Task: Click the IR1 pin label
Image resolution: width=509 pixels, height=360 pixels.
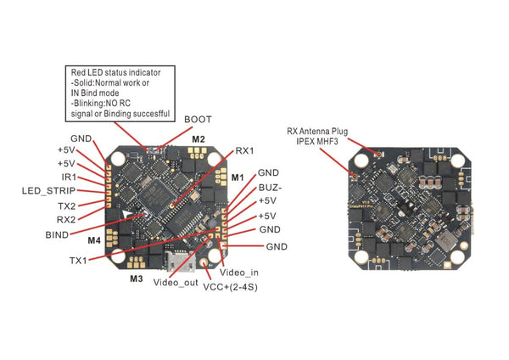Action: coord(70,177)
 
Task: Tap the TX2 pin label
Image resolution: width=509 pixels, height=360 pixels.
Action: coord(66,205)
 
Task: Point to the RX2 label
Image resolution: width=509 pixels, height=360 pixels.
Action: coord(66,220)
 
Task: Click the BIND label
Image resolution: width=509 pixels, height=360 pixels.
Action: coord(59,233)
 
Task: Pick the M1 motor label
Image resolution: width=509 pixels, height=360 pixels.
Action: coord(238,177)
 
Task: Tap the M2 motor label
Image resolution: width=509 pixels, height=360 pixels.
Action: coord(199,138)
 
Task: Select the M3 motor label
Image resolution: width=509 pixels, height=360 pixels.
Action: coord(136,278)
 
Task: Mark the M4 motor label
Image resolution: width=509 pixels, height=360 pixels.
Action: coord(93,240)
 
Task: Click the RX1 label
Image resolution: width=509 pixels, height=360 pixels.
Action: coord(246,149)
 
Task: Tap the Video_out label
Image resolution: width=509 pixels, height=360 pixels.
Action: coord(176,282)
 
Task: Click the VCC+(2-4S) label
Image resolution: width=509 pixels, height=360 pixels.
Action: coord(230,288)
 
